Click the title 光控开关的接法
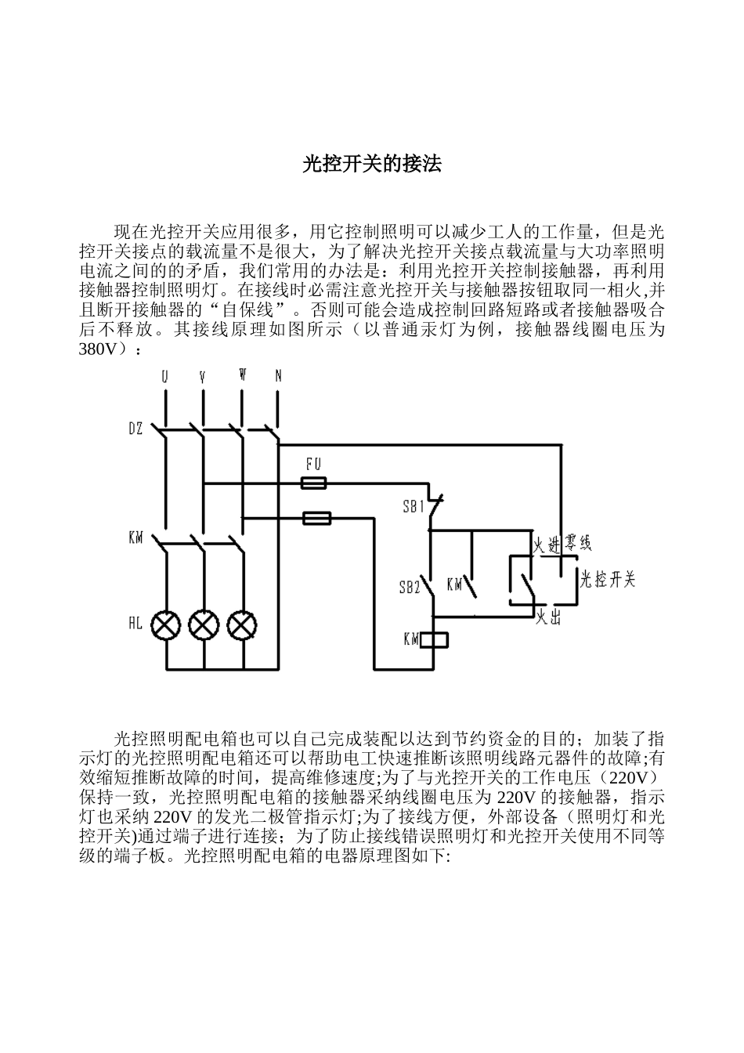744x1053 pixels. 372,164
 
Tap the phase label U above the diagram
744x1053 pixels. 164,377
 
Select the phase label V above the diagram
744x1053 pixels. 203,377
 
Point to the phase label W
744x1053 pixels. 243,375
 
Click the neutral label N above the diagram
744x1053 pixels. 278,376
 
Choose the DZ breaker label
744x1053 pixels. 135,429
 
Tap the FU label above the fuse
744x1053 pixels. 313,465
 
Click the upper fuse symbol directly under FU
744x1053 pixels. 314,484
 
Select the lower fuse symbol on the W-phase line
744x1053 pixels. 316,518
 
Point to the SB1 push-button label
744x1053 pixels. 413,506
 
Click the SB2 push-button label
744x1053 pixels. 410,587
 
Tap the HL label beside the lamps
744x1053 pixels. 135,624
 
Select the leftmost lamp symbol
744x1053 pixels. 166,625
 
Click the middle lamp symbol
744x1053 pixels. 204,625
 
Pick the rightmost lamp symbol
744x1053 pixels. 242,625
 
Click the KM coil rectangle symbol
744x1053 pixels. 435,640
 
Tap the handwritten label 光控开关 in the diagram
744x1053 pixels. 608,579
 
